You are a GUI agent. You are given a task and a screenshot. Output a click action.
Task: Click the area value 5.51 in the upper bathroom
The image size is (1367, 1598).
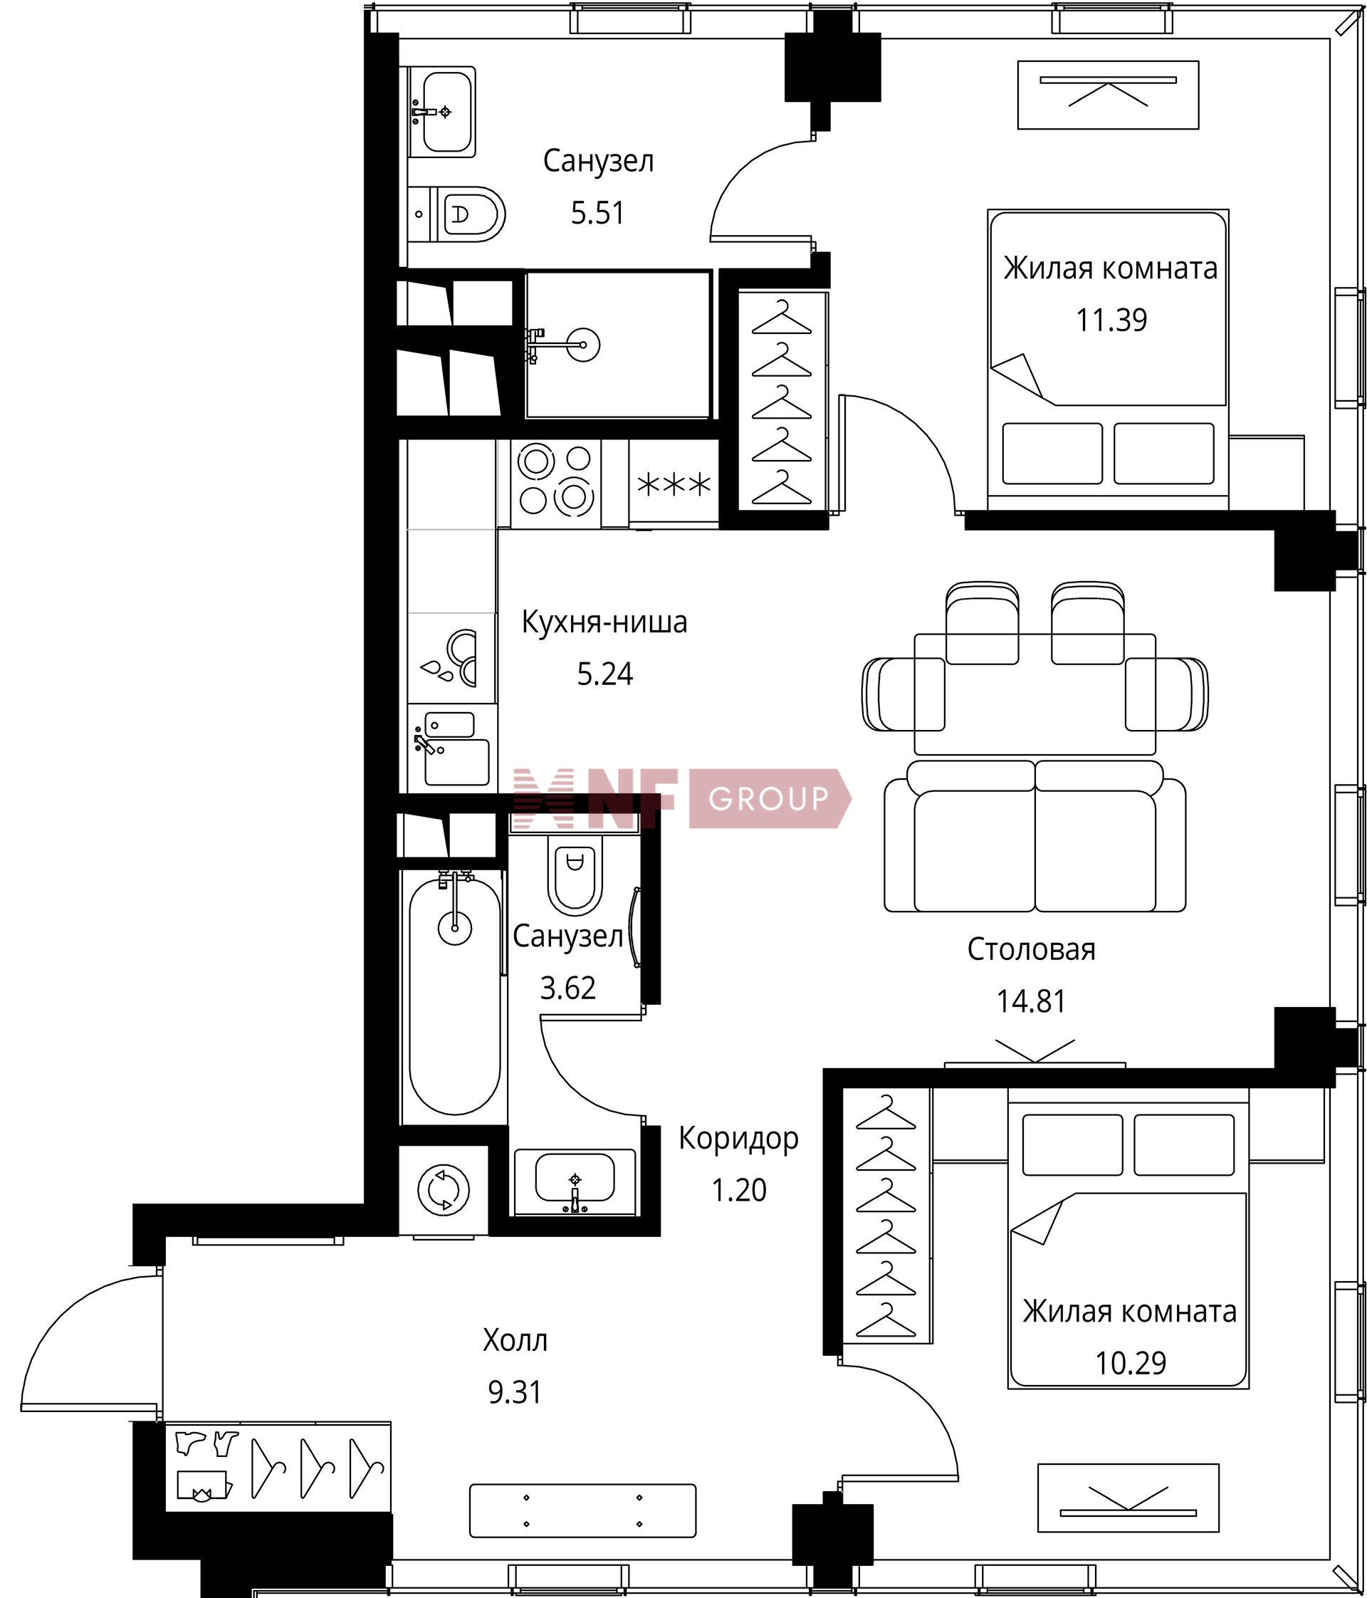point(597,213)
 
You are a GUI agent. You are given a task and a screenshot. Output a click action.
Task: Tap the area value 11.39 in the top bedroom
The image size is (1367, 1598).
point(1111,319)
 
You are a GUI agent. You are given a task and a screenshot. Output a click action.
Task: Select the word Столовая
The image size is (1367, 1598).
point(1031,949)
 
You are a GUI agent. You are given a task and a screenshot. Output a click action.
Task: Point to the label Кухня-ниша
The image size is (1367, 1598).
point(604,622)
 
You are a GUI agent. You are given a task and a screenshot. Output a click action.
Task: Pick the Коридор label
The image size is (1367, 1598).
point(738,1139)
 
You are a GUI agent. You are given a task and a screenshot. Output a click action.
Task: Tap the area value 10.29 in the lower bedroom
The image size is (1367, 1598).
point(1131,1363)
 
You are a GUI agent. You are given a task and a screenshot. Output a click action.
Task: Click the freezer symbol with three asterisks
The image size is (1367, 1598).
point(674,484)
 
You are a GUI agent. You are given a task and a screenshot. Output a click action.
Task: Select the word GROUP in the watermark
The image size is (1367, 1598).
point(768,798)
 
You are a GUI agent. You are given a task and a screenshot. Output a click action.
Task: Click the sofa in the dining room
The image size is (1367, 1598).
point(1035,836)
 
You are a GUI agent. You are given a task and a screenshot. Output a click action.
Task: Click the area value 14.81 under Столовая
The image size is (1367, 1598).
point(1031,1001)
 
